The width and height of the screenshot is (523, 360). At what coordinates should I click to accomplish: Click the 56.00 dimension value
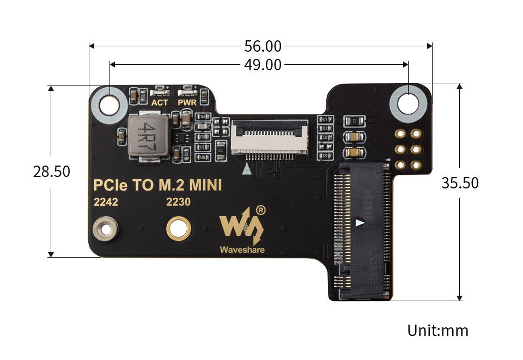(263, 46)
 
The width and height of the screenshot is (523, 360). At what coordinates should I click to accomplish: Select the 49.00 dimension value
(263, 65)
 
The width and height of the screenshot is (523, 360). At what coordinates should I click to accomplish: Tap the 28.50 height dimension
(52, 171)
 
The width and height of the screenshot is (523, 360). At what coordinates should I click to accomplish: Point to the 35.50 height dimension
(460, 182)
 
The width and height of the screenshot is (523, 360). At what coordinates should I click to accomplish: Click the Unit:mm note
(437, 330)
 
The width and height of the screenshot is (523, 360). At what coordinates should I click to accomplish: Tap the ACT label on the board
(160, 102)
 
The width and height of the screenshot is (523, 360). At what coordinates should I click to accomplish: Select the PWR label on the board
(187, 102)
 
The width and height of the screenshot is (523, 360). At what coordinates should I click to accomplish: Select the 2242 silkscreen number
(106, 202)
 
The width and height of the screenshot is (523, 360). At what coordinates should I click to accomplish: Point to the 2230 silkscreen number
(178, 202)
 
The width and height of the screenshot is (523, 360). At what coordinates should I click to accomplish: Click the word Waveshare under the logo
(242, 250)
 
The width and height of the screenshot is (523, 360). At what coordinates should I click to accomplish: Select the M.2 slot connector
(362, 231)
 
